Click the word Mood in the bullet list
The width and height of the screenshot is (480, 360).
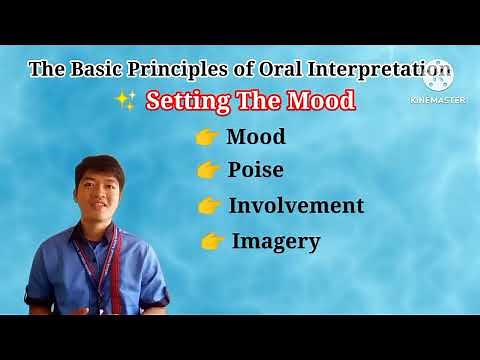(256, 137)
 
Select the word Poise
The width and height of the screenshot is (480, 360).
(255, 170)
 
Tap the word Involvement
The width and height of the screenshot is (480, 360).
(296, 206)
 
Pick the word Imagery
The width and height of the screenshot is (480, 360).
(276, 241)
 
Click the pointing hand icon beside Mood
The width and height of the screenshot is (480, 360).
(208, 138)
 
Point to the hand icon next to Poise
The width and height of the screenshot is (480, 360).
(208, 171)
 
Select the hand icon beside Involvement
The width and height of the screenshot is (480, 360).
(209, 206)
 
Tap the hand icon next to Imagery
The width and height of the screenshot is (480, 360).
(212, 241)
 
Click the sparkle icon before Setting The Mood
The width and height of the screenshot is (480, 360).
(126, 101)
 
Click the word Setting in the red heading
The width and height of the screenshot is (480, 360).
(187, 101)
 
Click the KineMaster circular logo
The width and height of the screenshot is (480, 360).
(439, 75)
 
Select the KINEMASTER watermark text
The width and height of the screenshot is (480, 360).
(438, 99)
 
